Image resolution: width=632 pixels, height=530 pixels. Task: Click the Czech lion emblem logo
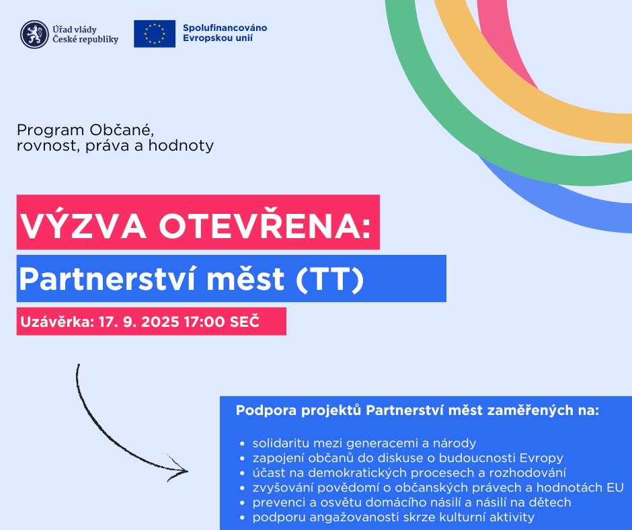[x=34, y=34]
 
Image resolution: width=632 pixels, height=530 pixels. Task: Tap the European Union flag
[x=155, y=34]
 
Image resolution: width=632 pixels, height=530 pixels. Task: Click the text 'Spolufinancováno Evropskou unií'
[x=225, y=33]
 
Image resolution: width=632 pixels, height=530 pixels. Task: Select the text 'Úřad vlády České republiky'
[x=85, y=34]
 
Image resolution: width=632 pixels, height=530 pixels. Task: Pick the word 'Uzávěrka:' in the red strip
[x=56, y=321]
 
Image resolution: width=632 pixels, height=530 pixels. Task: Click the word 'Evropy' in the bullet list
[x=541, y=458]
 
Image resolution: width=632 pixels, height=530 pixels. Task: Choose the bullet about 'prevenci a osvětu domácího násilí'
[x=411, y=502]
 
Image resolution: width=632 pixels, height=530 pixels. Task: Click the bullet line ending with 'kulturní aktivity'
[x=393, y=517]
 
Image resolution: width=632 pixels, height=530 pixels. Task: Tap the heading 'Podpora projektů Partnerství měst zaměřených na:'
[x=417, y=410]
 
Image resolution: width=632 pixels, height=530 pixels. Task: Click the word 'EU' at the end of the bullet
[x=615, y=488]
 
